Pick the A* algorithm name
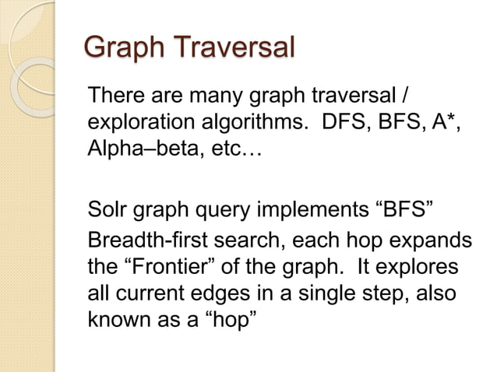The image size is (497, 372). [453, 123]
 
